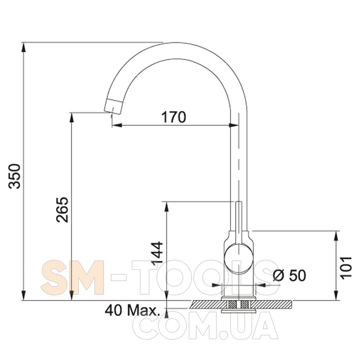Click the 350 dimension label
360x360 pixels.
(15, 176)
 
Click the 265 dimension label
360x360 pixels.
(62, 209)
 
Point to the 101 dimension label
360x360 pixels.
(346, 268)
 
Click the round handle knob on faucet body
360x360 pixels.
(239, 259)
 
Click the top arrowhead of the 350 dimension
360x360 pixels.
(24, 48)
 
